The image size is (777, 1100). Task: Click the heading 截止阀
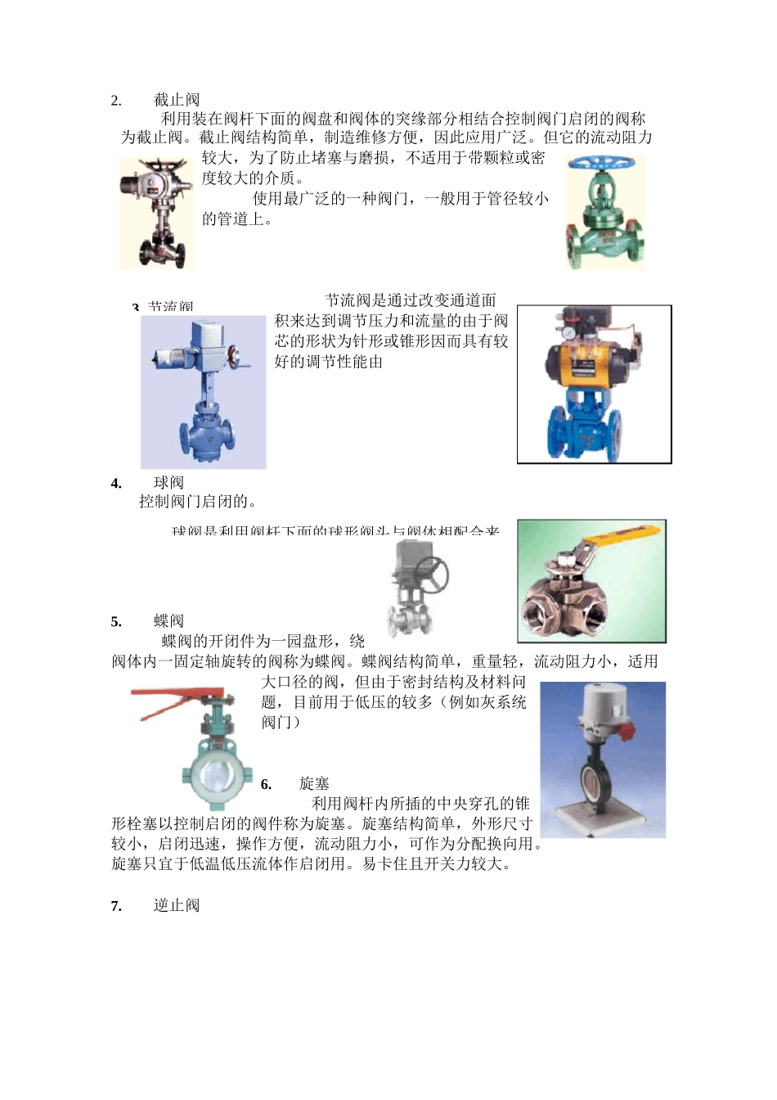point(176,100)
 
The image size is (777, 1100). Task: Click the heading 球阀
point(168,483)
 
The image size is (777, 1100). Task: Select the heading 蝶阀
point(168,621)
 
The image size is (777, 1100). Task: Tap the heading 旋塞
point(314,783)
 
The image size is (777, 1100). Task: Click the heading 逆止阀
point(176,905)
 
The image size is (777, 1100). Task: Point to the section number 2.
point(116,101)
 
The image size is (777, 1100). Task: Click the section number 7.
point(116,906)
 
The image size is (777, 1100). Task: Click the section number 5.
point(116,622)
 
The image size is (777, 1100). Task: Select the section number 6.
point(266,785)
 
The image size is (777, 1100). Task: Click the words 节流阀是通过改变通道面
point(410,300)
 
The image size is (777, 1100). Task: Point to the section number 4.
point(116,484)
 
